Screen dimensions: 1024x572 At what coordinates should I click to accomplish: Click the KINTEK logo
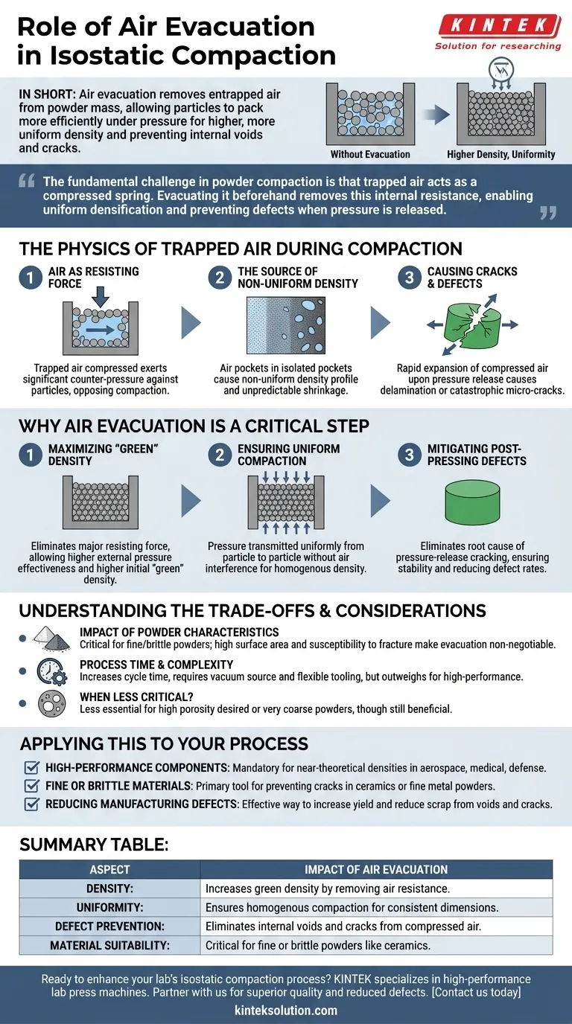click(x=498, y=26)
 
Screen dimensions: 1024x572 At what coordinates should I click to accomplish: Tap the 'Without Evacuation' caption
click(x=370, y=155)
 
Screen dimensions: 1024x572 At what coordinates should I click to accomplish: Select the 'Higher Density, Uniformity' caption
click(x=500, y=155)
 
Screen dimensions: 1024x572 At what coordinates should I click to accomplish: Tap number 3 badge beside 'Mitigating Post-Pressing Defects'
click(x=409, y=455)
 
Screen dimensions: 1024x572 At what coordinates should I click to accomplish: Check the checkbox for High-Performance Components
click(x=32, y=767)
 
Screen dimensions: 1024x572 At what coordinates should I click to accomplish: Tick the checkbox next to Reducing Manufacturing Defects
click(x=32, y=804)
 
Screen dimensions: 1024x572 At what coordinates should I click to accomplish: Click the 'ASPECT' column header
click(x=109, y=869)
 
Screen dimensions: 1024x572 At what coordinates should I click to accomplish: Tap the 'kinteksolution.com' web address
click(x=285, y=1010)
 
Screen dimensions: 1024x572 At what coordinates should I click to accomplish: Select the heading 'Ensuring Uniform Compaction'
click(x=288, y=455)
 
